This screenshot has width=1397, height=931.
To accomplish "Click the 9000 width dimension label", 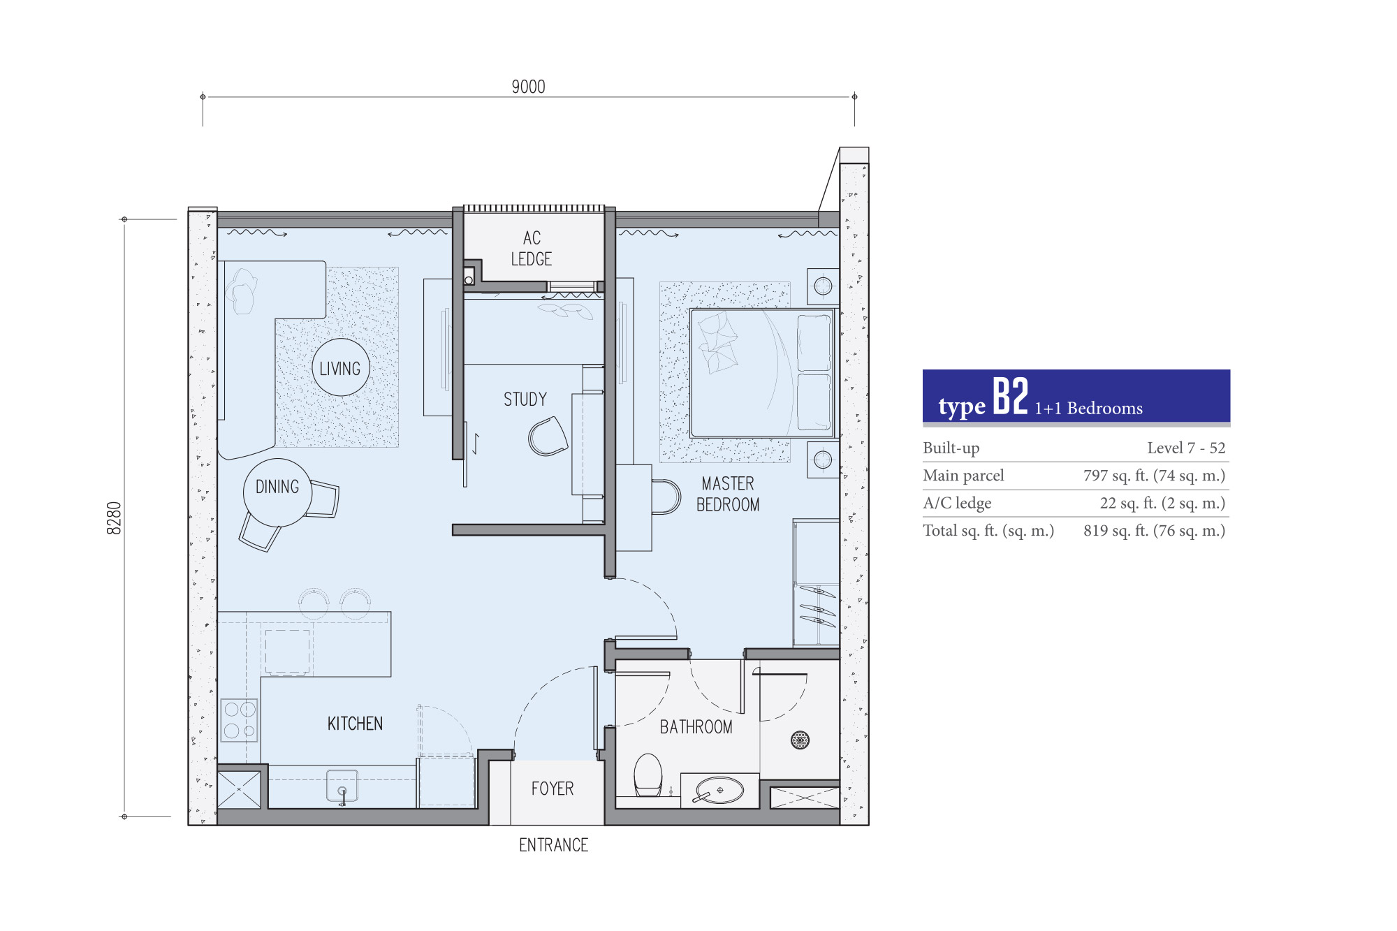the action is pyautogui.click(x=528, y=87).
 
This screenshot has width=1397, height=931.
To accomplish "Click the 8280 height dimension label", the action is pyautogui.click(x=114, y=518).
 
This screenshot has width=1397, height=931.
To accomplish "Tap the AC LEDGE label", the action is pyautogui.click(x=532, y=249).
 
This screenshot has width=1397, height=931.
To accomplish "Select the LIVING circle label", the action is pyautogui.click(x=340, y=367).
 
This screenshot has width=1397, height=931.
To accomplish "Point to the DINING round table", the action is pyautogui.click(x=277, y=492).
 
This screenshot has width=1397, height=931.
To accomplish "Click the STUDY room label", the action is pyautogui.click(x=525, y=399).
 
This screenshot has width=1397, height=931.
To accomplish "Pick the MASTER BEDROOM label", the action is pyautogui.click(x=728, y=494).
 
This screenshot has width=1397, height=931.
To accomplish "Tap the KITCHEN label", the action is pyautogui.click(x=355, y=724).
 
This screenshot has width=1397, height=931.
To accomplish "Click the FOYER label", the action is pyautogui.click(x=553, y=789).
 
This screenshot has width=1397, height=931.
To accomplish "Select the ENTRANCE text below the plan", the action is pyautogui.click(x=553, y=845).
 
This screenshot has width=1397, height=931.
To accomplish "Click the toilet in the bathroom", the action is pyautogui.click(x=648, y=775).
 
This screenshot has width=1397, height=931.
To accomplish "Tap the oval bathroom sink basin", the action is pyautogui.click(x=719, y=791).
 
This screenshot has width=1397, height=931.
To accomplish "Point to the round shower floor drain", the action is pyautogui.click(x=800, y=740).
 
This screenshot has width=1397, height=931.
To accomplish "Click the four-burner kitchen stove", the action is pyautogui.click(x=239, y=720).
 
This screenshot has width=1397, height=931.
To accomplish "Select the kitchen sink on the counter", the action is pyautogui.click(x=342, y=786).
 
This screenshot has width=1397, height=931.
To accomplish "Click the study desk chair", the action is pyautogui.click(x=548, y=437).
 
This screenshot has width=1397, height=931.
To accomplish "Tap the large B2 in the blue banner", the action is pyautogui.click(x=1010, y=396).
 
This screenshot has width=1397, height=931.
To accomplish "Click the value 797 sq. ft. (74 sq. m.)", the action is pyautogui.click(x=1154, y=476).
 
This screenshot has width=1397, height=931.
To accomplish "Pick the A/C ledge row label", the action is pyautogui.click(x=957, y=503).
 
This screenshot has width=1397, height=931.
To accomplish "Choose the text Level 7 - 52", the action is pyautogui.click(x=1186, y=448).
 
